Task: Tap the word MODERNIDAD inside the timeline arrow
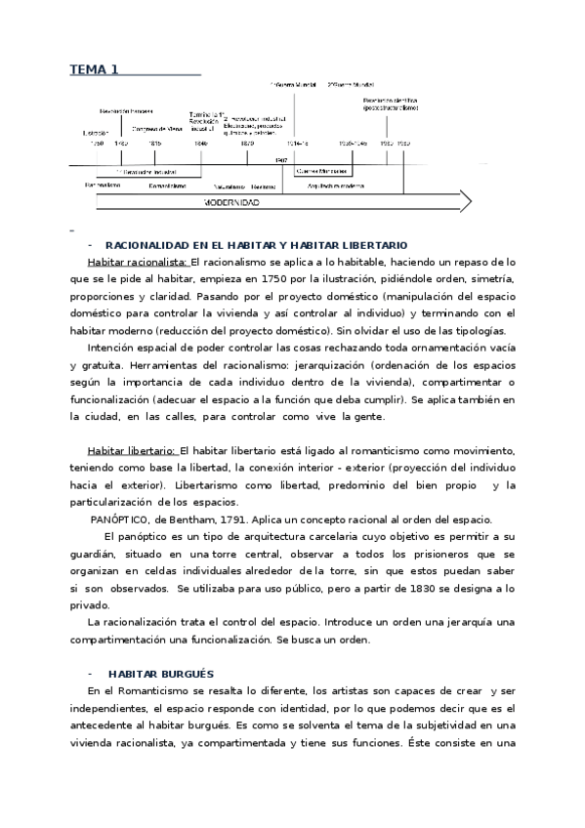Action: point(231,202)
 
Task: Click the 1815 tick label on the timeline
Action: point(154,143)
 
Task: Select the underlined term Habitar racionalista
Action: point(138,262)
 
